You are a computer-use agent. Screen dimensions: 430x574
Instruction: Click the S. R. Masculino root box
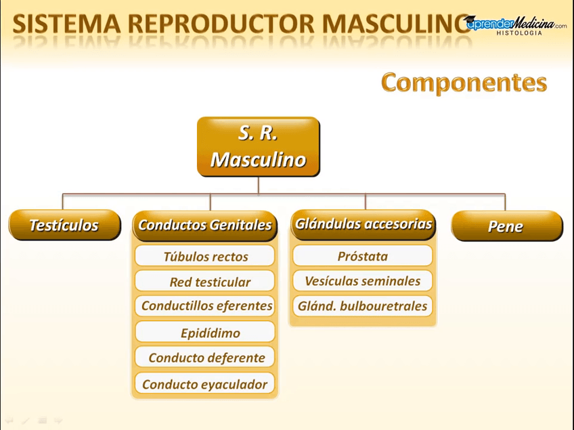tap(258, 147)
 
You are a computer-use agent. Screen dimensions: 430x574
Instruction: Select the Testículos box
tap(64, 225)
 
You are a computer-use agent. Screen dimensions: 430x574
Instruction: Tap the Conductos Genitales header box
tap(205, 225)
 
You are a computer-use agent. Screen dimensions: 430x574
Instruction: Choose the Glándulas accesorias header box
tap(363, 224)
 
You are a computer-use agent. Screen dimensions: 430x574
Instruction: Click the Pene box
tap(506, 226)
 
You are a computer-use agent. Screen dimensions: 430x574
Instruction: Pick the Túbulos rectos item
tap(205, 257)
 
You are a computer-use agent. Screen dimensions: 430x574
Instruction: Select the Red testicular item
tap(205, 282)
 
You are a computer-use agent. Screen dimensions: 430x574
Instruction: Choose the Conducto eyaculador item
tap(205, 384)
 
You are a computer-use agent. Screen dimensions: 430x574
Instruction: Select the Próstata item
tap(363, 256)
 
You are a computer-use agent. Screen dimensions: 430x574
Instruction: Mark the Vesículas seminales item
tap(363, 281)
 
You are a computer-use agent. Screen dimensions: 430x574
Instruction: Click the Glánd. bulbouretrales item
tap(363, 306)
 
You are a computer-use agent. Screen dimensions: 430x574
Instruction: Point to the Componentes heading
tap(464, 83)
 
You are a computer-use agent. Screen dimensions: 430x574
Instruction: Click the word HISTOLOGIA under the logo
tap(519, 33)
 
